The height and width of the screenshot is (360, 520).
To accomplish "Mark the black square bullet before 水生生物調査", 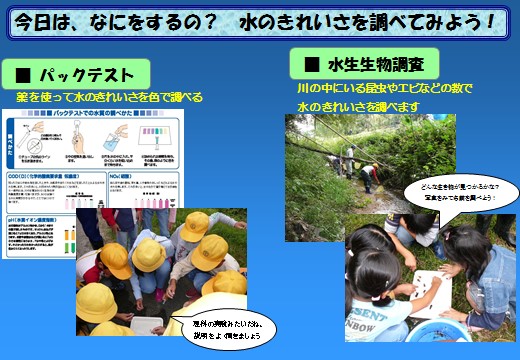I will [x=310, y=65].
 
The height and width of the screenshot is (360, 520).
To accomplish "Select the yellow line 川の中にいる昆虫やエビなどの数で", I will [x=384, y=88].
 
